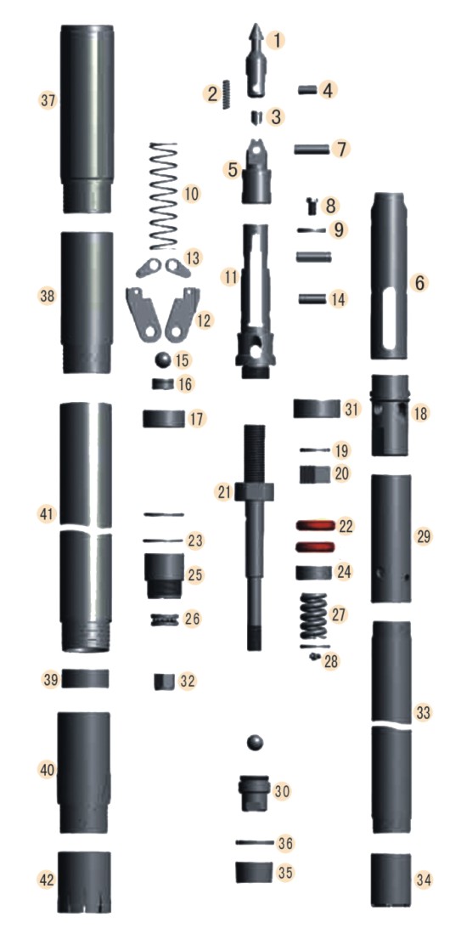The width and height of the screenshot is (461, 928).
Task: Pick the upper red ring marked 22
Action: (x=312, y=527)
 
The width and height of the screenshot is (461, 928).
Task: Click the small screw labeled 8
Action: (x=311, y=205)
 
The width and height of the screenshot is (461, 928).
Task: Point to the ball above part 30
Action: (x=254, y=743)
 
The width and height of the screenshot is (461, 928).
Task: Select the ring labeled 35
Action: (x=253, y=872)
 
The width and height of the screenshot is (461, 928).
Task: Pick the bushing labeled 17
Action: (x=164, y=418)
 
